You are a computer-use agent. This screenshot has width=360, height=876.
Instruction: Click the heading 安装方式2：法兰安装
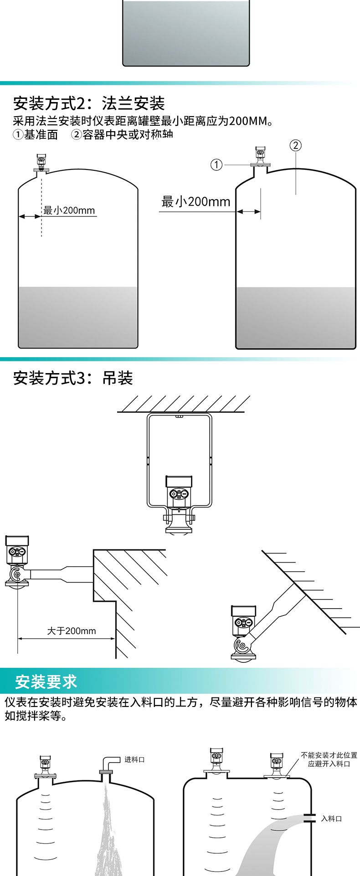click(89, 103)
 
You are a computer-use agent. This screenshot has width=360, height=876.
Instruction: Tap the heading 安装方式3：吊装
click(73, 378)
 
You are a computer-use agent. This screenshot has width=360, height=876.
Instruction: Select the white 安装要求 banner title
click(46, 681)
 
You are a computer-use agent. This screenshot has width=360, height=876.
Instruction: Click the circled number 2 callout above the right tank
click(295, 145)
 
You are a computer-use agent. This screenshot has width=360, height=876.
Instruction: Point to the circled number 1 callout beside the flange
click(216, 164)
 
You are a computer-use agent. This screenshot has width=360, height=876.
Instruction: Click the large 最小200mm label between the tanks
click(196, 201)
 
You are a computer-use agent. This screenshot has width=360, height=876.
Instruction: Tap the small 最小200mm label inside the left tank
click(69, 210)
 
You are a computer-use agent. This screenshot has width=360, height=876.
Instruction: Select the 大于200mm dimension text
click(72, 631)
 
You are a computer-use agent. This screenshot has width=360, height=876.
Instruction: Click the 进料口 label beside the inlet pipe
click(134, 759)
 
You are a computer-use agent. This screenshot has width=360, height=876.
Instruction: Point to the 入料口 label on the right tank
click(331, 819)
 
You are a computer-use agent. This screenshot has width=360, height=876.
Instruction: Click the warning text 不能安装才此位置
click(329, 755)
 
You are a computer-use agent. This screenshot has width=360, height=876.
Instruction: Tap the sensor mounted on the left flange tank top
click(42, 162)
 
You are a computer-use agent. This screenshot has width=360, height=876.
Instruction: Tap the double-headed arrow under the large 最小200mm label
click(248, 211)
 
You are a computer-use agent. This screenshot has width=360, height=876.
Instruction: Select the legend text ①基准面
click(36, 135)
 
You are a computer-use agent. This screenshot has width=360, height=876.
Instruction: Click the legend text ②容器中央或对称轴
click(122, 135)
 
